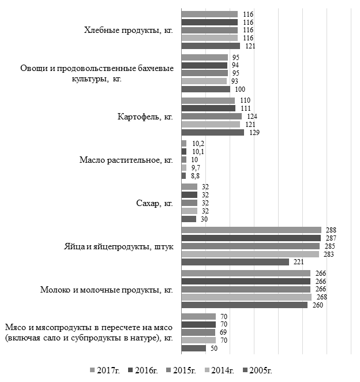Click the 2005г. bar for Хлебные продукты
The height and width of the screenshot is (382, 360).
coord(211,46)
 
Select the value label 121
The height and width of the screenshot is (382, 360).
coord(249,46)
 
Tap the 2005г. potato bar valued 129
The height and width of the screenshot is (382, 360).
coord(212,132)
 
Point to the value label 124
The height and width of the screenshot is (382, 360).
coord(252,117)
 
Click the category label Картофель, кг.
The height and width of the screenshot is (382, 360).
coord(145,117)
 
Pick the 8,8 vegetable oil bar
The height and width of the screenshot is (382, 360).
coord(183,175)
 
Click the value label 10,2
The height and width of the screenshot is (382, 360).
coord(197,144)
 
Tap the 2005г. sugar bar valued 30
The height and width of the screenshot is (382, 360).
coord(189,219)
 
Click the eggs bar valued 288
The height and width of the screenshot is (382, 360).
coord(251,230)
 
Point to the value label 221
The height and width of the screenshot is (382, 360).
coord(298,262)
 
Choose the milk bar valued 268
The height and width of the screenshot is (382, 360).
coord(246,297)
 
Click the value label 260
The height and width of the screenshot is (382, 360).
coord(317,305)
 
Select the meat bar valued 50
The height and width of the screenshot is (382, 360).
coord(193,348)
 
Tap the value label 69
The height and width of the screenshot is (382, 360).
coord(223,332)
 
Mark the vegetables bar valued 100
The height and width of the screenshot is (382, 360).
coord(205,89)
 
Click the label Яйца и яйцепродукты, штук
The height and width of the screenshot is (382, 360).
coord(119,246)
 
